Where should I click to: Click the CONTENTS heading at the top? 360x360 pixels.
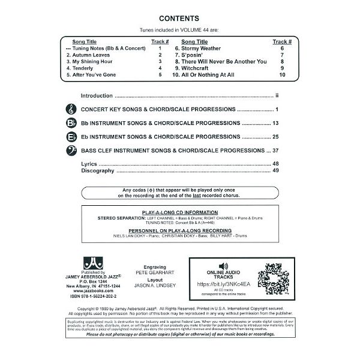click(179, 18)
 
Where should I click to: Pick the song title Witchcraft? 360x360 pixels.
click(196, 68)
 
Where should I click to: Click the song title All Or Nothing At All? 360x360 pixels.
click(205, 76)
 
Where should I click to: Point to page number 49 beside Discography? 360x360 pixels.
click(276, 171)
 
